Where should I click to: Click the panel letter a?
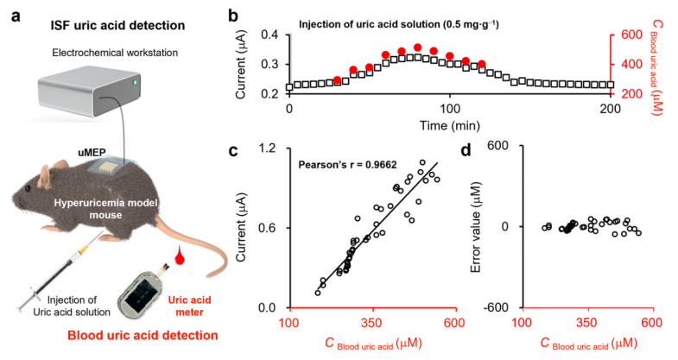[15, 16]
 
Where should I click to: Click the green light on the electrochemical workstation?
[135, 83]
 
